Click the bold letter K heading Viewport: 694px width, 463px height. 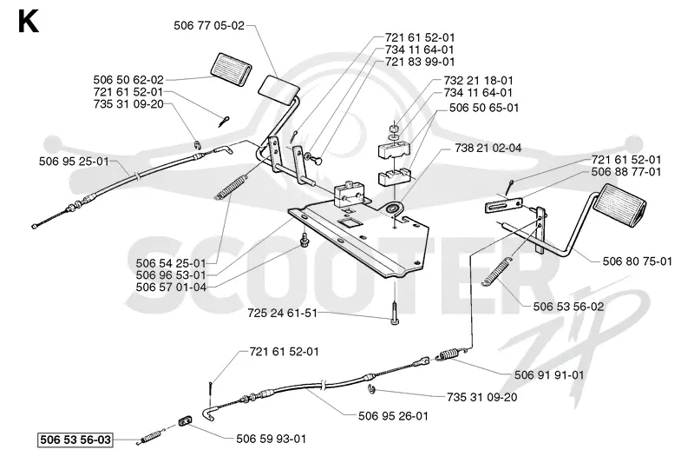coord(29,22)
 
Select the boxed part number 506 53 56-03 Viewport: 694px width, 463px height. coord(75,440)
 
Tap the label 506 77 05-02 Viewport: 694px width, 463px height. coord(209,26)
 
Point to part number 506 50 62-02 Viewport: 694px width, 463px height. coord(128,80)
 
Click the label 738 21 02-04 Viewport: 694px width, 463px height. coord(488,148)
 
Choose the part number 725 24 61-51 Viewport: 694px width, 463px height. coord(283,314)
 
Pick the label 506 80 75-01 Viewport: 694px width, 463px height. coord(638,261)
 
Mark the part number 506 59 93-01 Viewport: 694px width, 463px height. coord(271,439)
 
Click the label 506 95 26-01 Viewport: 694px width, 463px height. coord(393,416)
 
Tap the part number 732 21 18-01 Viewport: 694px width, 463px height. coord(479,81)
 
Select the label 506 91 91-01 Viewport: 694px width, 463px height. coord(549,375)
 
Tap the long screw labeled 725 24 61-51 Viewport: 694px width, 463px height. coord(395,313)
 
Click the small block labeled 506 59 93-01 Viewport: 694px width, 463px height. coord(186,420)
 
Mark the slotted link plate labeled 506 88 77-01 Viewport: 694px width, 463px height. coord(504,206)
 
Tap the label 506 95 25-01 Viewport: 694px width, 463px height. coord(74,162)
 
